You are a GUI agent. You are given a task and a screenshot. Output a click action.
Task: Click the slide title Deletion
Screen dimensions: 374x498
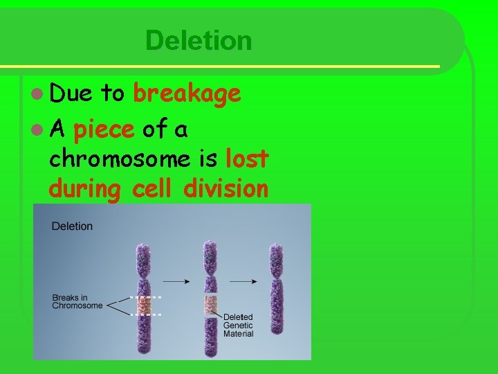(x=199, y=40)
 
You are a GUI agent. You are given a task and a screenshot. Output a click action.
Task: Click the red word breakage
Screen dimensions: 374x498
(x=187, y=94)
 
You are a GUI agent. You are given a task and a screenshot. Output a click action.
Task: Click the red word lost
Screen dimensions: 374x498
(x=247, y=159)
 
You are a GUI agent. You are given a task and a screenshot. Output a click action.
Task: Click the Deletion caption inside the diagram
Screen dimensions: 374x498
(x=72, y=226)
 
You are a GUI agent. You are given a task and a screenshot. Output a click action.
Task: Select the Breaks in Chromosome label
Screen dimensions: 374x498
(x=77, y=302)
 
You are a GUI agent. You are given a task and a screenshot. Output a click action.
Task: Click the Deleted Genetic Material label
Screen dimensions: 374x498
(x=238, y=326)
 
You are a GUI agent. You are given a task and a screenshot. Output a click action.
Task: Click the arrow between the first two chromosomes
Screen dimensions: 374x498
(x=176, y=282)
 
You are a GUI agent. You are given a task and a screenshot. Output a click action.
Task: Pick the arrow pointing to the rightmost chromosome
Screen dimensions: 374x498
(x=243, y=282)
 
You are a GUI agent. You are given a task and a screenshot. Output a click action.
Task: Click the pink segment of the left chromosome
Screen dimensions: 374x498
(x=143, y=305)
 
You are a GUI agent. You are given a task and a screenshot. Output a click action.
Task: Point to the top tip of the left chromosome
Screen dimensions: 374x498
(x=143, y=247)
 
